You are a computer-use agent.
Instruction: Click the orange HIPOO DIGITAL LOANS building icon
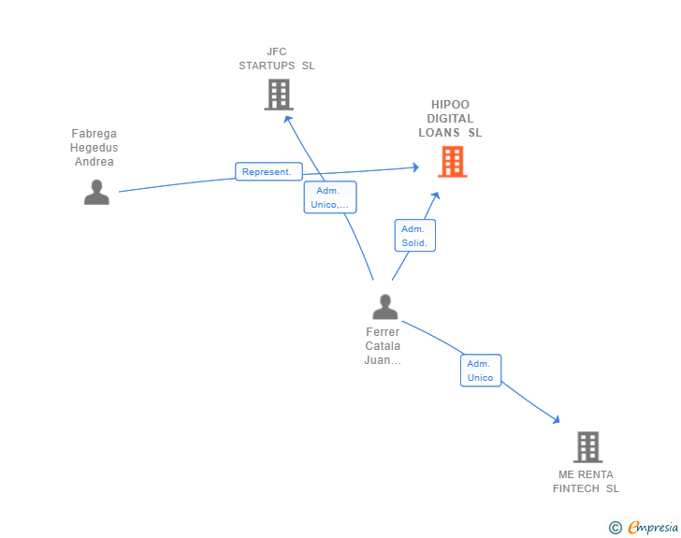452,162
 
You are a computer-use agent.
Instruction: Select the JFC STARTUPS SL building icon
279,95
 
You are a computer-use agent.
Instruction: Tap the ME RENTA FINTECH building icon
587,446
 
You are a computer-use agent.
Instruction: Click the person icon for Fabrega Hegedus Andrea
96,192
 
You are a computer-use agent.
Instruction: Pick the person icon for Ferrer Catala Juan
384,307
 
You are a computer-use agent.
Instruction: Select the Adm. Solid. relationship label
414,236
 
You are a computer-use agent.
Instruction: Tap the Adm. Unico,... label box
330,197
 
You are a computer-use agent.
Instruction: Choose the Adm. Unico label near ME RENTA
481,371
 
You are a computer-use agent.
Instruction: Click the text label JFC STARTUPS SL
277,59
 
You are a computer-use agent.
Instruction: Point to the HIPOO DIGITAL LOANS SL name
450,119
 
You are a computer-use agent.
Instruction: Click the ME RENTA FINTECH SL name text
586,482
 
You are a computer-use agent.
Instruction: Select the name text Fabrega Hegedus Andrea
94,147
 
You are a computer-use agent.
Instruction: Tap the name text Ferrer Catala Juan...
383,346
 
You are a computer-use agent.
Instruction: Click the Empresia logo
653,527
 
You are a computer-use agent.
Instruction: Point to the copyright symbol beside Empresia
616,528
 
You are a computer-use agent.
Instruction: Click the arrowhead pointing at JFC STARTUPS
287,119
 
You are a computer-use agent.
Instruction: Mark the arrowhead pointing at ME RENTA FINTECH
556,420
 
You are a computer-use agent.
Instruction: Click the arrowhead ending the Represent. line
415,167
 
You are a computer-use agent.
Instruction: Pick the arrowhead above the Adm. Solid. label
436,196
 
